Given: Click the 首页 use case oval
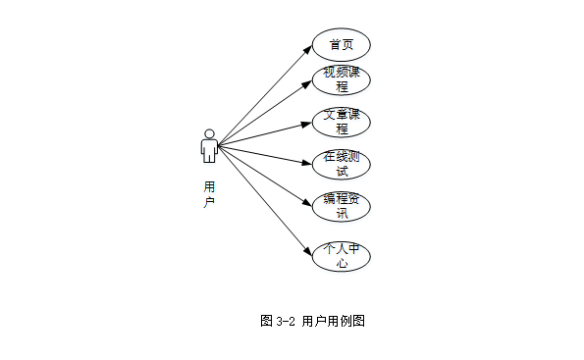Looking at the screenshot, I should click(x=341, y=44).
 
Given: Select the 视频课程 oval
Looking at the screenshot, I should click(x=341, y=79).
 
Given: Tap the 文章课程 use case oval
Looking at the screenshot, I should click(x=341, y=122).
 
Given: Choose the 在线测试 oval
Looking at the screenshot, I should click(x=341, y=164).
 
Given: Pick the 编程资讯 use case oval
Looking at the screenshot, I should click(x=341, y=205).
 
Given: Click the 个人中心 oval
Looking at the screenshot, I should click(x=341, y=255).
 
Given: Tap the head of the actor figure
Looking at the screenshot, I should click(x=208, y=133).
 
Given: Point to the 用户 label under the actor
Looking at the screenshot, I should click(x=209, y=193).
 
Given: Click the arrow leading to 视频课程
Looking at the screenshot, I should click(x=265, y=112).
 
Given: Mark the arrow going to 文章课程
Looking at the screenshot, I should click(x=265, y=134).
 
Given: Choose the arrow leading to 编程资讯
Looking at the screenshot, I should click(x=265, y=175).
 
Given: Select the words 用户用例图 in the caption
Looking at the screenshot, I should click(x=334, y=321).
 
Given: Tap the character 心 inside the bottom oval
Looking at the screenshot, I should click(x=341, y=263).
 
